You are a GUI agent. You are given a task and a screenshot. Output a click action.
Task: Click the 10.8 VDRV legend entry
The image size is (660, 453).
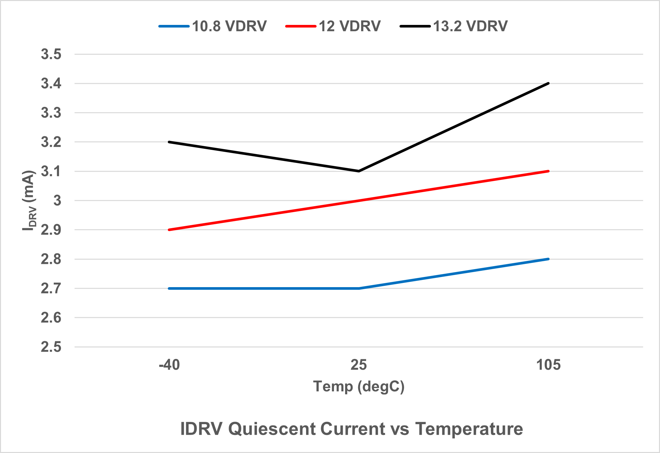213,26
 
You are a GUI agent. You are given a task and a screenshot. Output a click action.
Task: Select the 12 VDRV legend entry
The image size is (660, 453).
333,26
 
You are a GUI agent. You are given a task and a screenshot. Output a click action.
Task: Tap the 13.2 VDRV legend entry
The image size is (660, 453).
454,26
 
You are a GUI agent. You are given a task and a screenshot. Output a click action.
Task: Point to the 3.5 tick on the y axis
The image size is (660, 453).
51,54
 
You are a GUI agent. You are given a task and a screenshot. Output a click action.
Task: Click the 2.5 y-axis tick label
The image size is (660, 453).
51,347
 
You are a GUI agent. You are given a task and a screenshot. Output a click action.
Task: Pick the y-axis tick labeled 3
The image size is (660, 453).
57,201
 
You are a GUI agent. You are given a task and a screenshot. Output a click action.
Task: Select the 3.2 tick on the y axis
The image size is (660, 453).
51,142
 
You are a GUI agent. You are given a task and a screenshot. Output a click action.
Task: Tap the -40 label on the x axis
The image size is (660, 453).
169,365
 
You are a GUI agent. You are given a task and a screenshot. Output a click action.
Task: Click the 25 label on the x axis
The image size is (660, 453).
359,365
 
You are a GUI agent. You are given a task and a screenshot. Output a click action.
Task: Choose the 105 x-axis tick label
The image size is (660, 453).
548,365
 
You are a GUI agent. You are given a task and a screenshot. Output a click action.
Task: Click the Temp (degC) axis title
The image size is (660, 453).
359,386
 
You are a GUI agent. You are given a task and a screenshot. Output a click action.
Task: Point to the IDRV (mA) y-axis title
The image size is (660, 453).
29,201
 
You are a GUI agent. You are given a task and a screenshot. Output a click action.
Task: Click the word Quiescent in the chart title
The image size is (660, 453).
273,429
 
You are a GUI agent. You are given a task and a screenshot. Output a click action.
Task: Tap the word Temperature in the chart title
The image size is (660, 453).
469,429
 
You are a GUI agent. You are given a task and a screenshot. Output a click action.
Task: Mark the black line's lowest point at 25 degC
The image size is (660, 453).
359,171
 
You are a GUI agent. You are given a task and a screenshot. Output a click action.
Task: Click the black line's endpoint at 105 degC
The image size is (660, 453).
548,83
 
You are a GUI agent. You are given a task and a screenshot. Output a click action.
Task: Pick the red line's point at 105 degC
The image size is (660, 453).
548,171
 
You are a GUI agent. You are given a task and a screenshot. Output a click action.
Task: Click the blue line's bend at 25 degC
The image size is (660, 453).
359,288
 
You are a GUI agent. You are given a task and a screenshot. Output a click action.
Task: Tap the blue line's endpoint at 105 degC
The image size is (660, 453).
548,259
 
